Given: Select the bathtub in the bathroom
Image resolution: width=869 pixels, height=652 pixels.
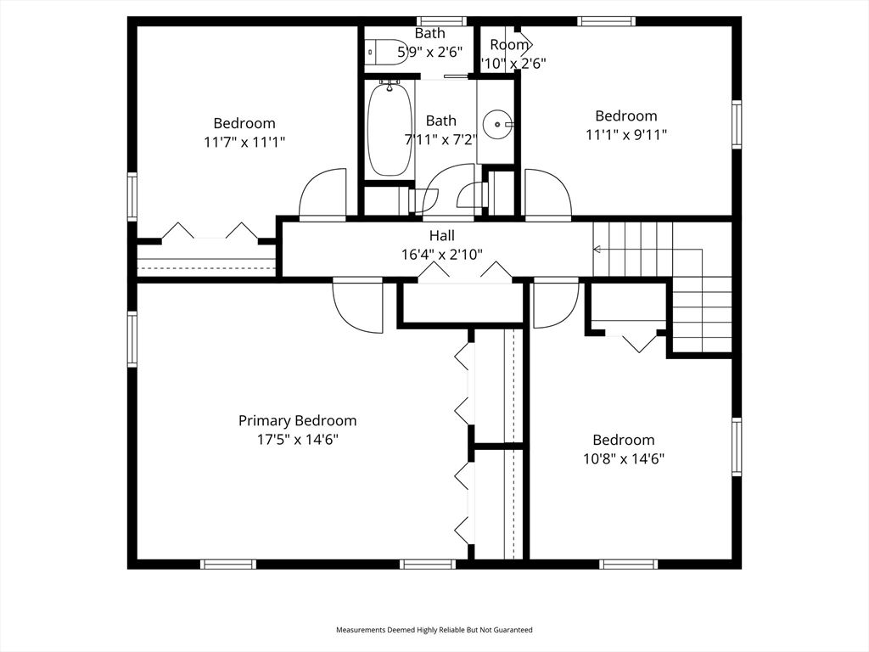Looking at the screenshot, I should tap(390, 130).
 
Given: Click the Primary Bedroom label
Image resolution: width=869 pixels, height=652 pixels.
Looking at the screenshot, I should tap(297, 420).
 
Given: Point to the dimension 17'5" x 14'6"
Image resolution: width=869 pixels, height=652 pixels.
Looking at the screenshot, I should tap(297, 440).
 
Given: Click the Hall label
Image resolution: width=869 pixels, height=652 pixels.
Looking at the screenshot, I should tap(440, 236).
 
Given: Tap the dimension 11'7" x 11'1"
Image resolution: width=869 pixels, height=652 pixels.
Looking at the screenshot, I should tap(244, 143).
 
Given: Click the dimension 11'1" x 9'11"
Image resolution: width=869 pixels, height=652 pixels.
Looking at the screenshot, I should tap(625, 134).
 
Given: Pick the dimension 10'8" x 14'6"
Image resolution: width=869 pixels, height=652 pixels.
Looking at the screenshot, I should tap(624, 458).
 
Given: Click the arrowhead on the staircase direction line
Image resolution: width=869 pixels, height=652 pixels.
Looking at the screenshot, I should tap(597, 250).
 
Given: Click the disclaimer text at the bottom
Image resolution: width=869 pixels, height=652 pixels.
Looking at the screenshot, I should tap(434, 630).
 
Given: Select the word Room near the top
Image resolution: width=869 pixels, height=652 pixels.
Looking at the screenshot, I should tap(509, 44).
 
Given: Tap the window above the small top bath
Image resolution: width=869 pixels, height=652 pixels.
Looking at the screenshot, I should tap(441, 21).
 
